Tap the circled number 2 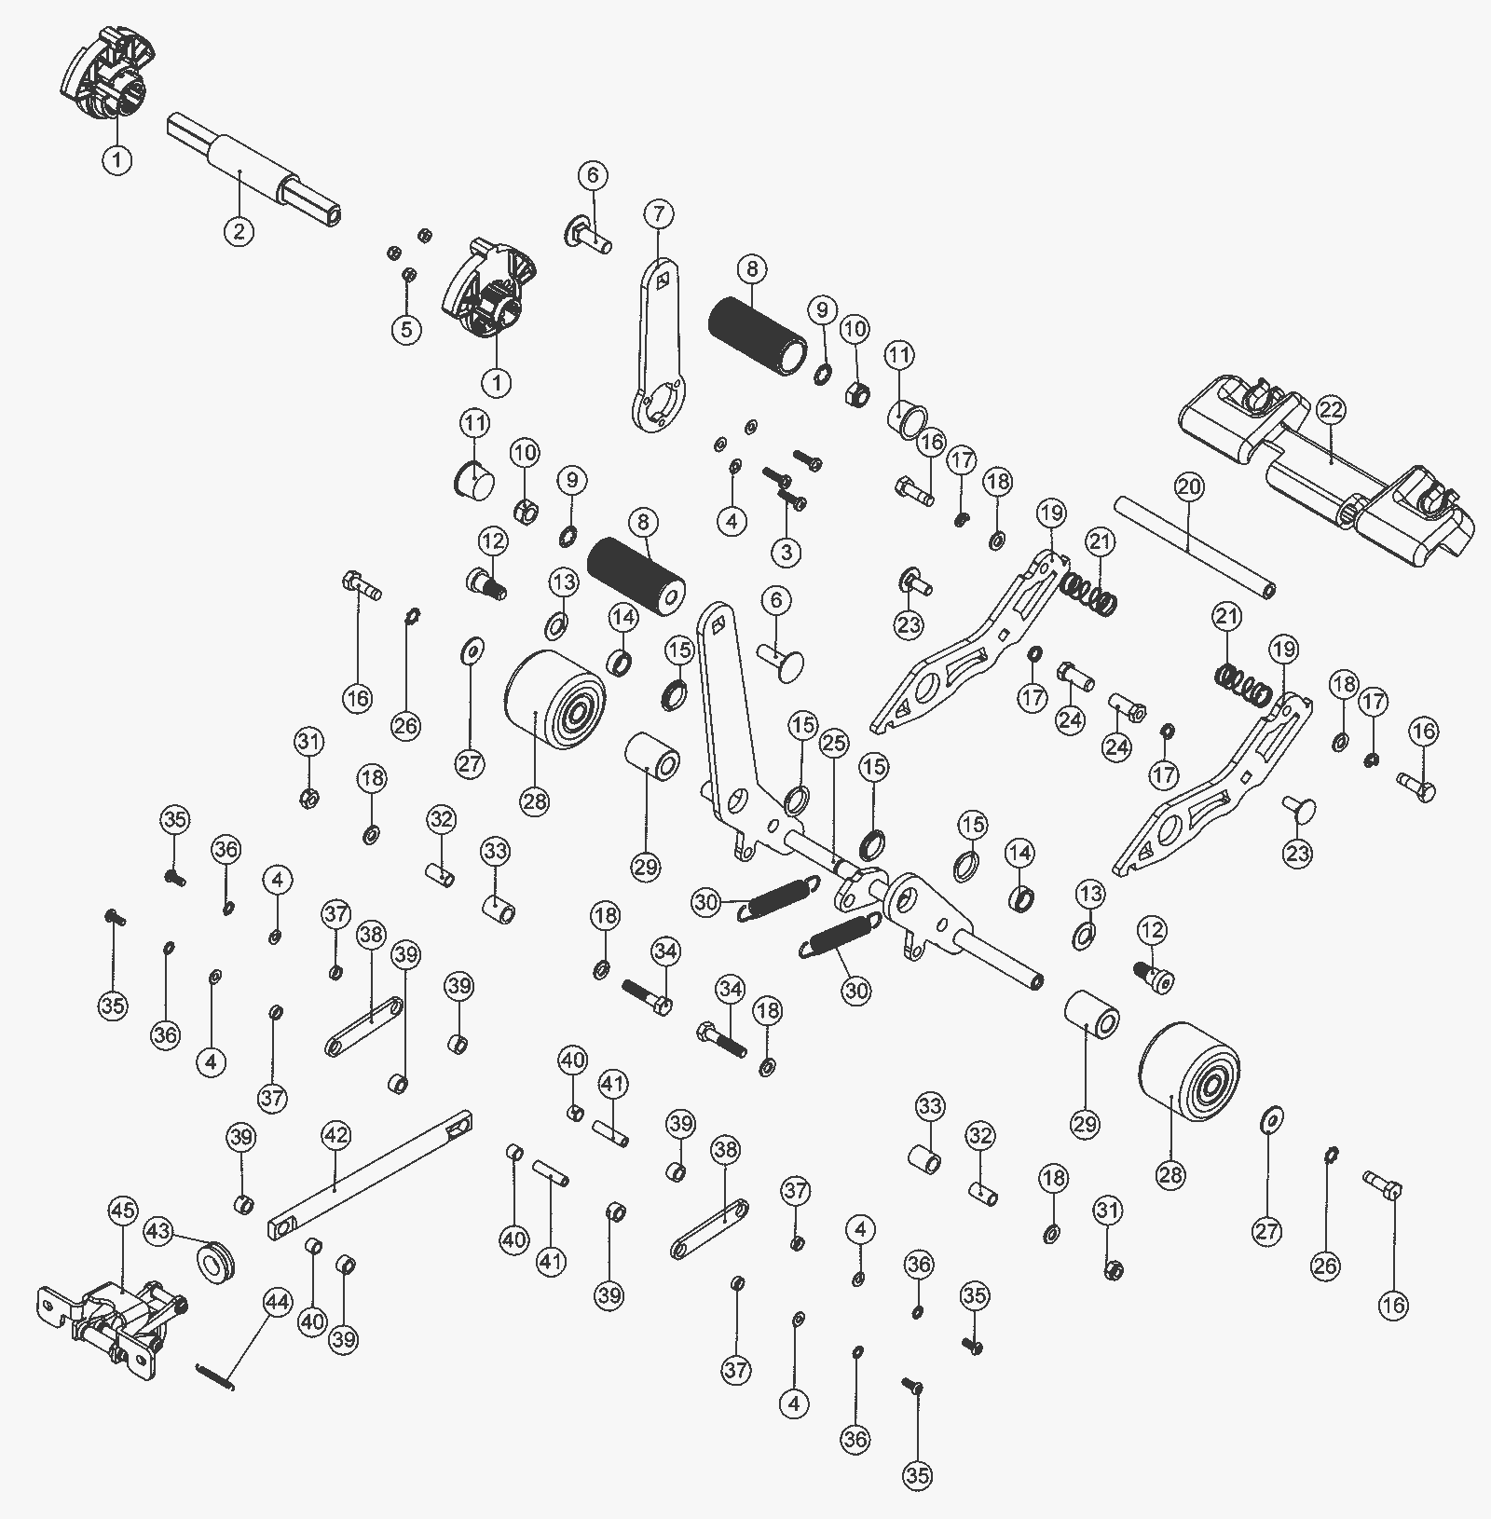point(239,230)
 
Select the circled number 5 point(406,329)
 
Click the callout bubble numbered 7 point(658,214)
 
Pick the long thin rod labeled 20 point(1195,548)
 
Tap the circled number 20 point(1189,486)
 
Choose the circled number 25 point(835,744)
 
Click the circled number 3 point(787,552)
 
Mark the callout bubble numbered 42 point(335,1135)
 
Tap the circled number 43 point(158,1232)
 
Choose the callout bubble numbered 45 point(123,1211)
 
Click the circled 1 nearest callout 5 point(496,382)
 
